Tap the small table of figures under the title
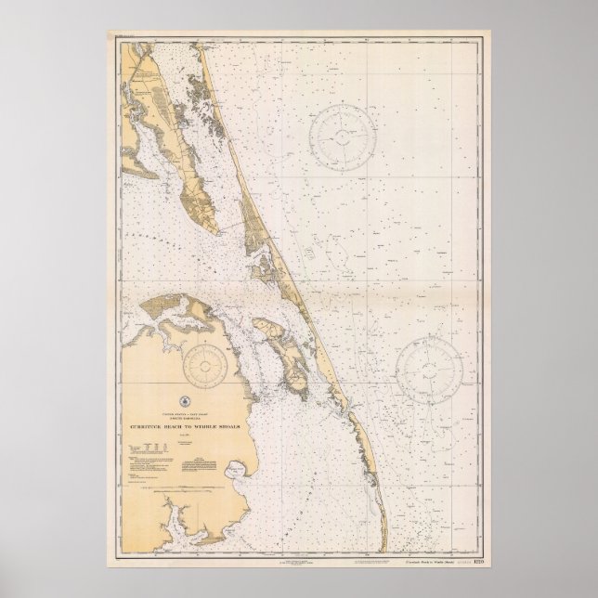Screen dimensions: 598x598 (x=146, y=457)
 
